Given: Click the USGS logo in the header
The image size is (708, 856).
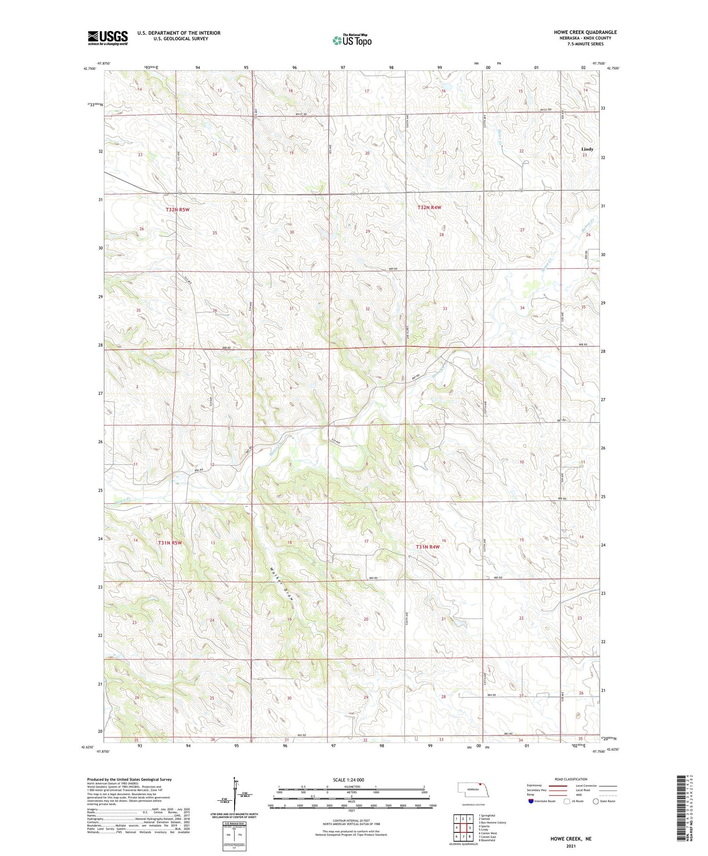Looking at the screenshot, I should coord(108,38).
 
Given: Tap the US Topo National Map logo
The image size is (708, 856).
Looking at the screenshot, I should coord(352,40).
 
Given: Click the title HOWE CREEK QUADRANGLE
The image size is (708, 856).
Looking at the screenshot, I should coord(585,32).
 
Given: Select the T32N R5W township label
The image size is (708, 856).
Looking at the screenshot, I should coord(177,209).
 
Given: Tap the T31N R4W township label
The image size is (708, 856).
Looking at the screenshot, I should coord(428,547).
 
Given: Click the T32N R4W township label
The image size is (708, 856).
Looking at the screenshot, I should coord(429,207).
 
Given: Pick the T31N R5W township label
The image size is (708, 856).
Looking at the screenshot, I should coord(170,543).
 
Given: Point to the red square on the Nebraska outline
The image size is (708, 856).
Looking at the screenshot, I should coord(480,785).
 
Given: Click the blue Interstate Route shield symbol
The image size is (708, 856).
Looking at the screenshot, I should coord(531,801).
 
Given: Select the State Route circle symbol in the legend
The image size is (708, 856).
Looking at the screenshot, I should coord(596,801).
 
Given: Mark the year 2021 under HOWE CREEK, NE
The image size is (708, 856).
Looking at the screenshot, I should coord(570,846).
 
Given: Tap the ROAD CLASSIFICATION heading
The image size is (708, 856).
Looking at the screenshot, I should coord(571,779).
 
